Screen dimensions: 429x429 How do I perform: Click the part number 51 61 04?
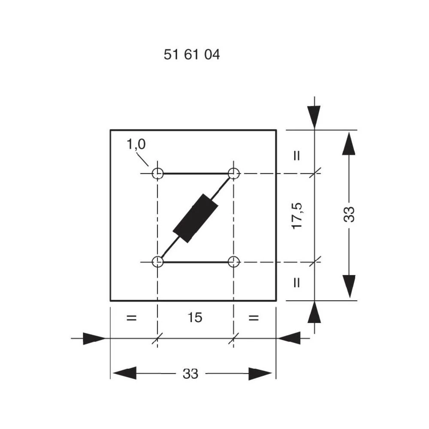tap(192, 55)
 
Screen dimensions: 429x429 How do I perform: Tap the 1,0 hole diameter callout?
tap(136, 145)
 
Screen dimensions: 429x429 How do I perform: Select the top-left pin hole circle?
tap(158, 174)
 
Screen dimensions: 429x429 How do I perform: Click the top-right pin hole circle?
tap(234, 174)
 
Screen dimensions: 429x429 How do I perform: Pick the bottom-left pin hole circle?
tap(158, 261)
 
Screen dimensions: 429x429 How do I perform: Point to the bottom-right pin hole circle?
tap(234, 261)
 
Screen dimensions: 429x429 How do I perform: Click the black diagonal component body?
tap(196, 218)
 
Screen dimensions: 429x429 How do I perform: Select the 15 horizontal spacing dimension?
tap(195, 318)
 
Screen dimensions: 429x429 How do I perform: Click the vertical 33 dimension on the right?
tap(350, 214)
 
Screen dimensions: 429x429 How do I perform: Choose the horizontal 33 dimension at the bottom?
tap(191, 374)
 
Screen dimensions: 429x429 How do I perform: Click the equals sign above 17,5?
tap(296, 156)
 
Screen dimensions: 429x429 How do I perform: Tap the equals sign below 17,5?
tap(296, 282)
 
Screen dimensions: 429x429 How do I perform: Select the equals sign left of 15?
tap(131, 318)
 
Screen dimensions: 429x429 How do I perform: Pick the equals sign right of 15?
tap(254, 318)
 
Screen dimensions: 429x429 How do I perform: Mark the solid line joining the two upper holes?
tap(196, 174)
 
